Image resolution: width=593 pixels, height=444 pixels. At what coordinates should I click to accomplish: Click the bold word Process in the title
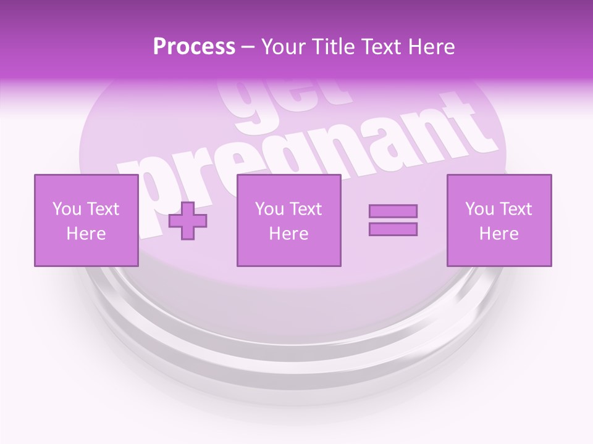pyautogui.click(x=194, y=47)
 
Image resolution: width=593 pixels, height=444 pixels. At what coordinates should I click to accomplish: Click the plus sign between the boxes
pyautogui.click(x=188, y=220)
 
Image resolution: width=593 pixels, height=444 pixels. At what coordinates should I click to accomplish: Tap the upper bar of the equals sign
pyautogui.click(x=393, y=211)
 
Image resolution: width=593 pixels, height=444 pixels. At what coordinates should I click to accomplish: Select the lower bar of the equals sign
pyautogui.click(x=393, y=229)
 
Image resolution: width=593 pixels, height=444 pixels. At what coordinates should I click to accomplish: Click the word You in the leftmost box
pyautogui.click(x=67, y=209)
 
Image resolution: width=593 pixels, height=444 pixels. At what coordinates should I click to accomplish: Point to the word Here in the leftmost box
pyautogui.click(x=86, y=234)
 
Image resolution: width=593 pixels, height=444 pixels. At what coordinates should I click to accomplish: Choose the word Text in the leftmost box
pyautogui.click(x=103, y=209)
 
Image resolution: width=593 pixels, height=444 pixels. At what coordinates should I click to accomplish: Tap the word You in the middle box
pyautogui.click(x=269, y=209)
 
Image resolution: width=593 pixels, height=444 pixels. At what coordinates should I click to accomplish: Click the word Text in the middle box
pyautogui.click(x=305, y=209)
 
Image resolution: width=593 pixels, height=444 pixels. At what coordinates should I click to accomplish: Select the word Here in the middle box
pyautogui.click(x=288, y=234)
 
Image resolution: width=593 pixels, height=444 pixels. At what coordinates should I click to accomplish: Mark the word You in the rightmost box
pyautogui.click(x=479, y=209)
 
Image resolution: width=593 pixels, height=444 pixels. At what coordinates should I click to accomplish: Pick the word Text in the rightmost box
pyautogui.click(x=515, y=209)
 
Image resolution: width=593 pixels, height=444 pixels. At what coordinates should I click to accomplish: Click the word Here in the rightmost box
pyautogui.click(x=498, y=234)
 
